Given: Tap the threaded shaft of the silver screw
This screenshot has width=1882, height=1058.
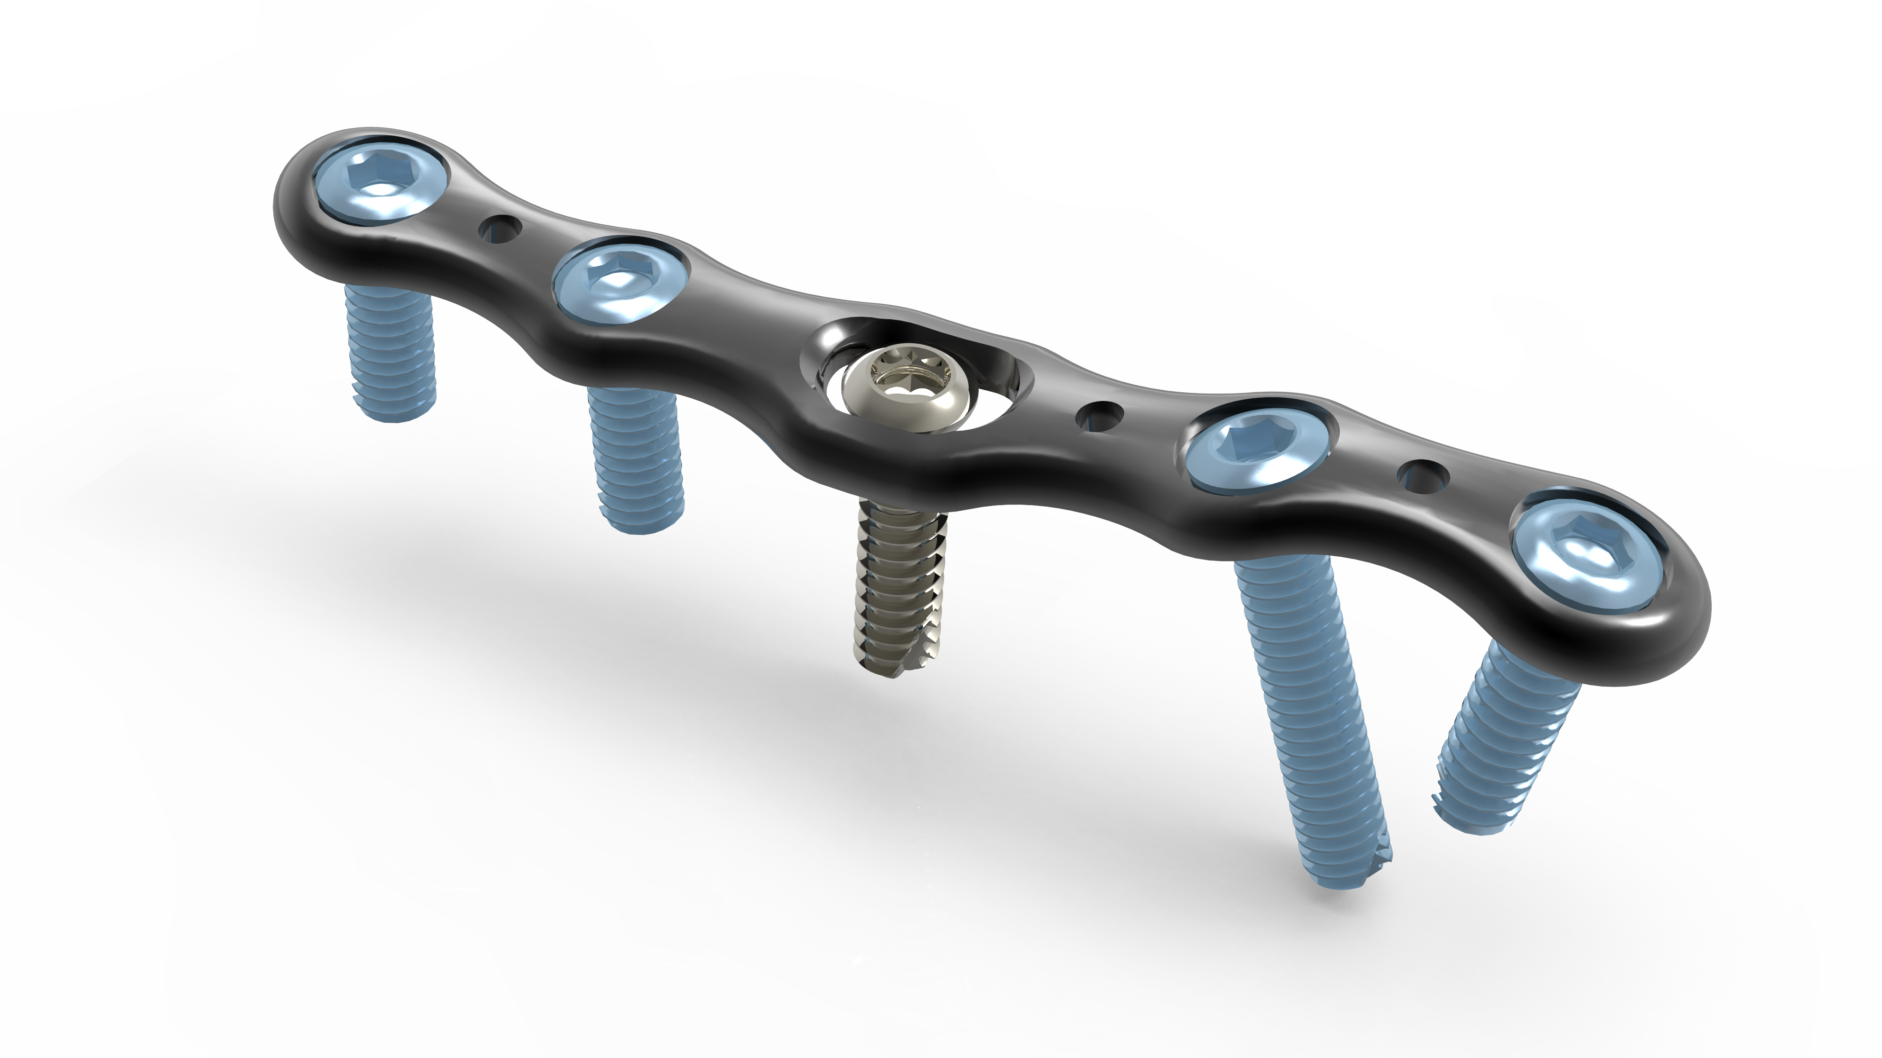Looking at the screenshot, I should [899, 584].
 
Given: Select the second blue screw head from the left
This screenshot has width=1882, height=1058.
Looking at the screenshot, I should [620, 282].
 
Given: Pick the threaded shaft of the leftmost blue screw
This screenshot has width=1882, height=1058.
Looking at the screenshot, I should [391, 350].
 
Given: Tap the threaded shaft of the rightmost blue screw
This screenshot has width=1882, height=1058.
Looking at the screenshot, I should [1505, 745].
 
